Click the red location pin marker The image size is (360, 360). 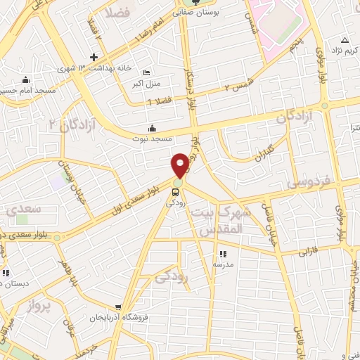coord(181,165)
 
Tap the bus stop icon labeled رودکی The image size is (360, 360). coord(176,191)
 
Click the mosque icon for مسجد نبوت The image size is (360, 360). coord(152,128)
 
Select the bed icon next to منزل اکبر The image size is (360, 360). coord(146,73)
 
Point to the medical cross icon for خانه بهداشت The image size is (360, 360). coord(94,56)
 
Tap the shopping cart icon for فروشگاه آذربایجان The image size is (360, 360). coord(119,307)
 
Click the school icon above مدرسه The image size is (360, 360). coord(223,254)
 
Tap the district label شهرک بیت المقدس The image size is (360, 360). coord(219,221)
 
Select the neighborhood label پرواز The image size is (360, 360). coord(35,307)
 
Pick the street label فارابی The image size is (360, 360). coord(309,249)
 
